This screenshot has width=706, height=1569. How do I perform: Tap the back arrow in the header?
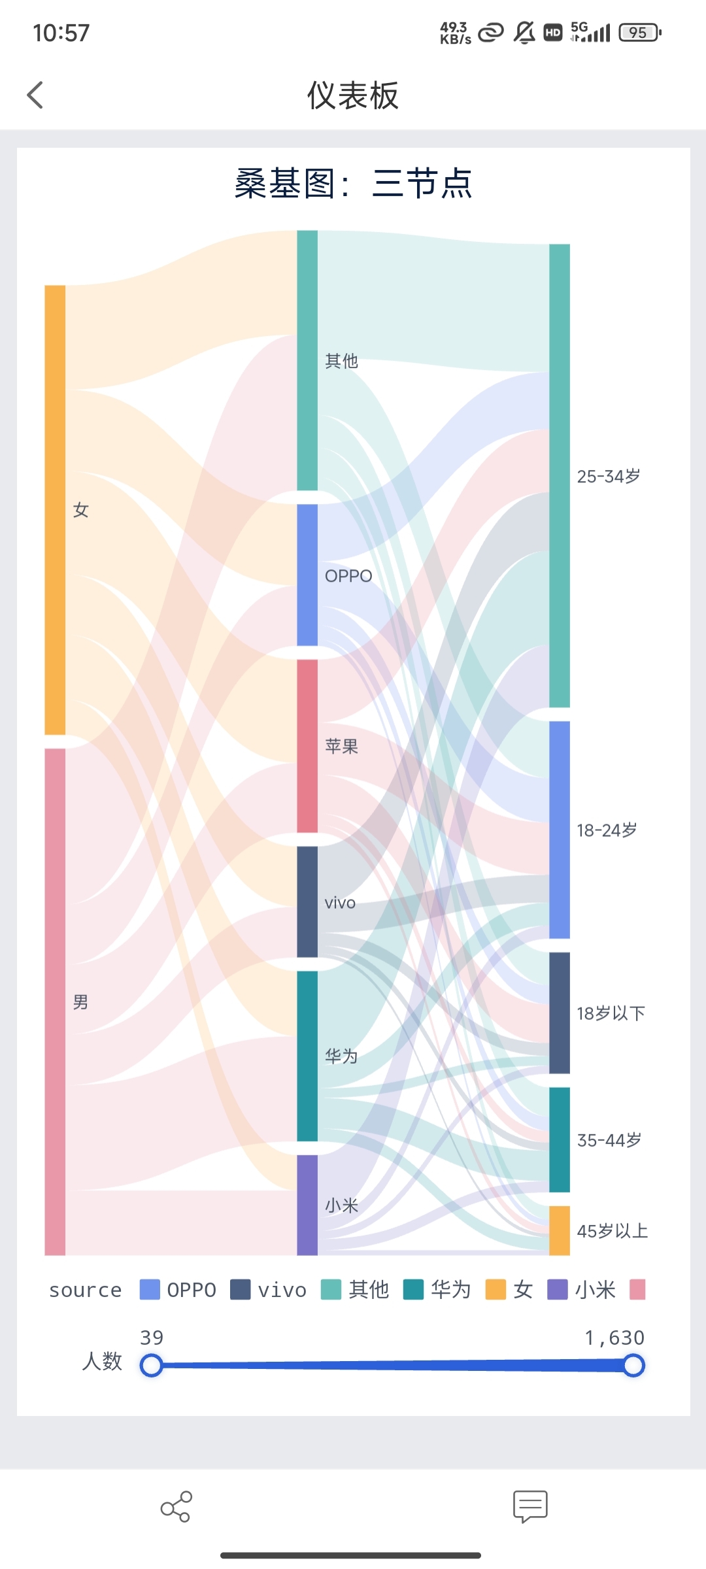[35, 95]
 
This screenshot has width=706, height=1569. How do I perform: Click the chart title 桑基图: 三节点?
[353, 184]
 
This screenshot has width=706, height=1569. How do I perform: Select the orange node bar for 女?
[55, 510]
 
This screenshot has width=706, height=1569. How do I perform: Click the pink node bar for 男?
[55, 1002]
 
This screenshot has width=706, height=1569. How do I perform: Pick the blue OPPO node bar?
[307, 575]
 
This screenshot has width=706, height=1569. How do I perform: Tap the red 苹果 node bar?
[307, 746]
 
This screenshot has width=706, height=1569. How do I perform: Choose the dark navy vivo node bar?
[307, 902]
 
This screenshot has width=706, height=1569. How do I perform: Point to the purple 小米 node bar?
[307, 1205]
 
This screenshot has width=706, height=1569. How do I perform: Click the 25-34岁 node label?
[609, 477]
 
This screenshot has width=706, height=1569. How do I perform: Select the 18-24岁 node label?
[607, 830]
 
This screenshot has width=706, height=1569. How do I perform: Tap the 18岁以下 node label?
[611, 1013]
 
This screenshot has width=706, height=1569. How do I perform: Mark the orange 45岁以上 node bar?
[560, 1230]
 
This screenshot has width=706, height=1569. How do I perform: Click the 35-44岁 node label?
[609, 1140]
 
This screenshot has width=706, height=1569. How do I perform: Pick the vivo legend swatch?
[241, 1290]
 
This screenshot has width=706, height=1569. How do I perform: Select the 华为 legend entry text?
[451, 1290]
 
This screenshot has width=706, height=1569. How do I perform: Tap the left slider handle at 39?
[152, 1366]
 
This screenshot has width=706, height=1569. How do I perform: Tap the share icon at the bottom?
[176, 1507]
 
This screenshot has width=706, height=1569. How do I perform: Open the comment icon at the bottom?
[530, 1507]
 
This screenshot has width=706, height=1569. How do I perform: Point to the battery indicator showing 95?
[640, 33]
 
